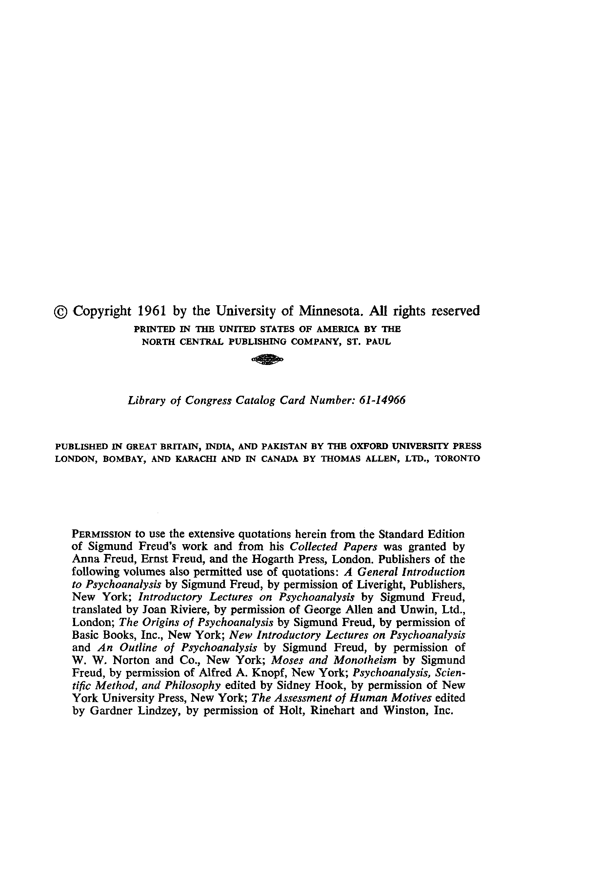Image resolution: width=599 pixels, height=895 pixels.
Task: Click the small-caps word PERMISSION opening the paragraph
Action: (102, 534)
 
